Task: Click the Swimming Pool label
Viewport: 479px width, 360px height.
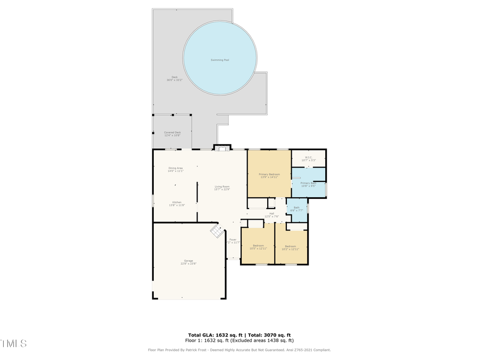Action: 220,60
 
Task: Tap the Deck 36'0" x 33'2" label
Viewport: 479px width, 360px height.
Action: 175,78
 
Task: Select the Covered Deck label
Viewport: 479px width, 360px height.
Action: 172,134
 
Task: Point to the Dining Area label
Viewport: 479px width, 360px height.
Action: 176,170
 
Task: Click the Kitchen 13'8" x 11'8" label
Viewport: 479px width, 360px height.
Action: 176,204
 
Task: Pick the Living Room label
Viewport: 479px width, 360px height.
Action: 222,188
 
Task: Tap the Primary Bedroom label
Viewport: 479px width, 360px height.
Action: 269,175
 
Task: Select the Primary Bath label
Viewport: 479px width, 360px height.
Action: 308,185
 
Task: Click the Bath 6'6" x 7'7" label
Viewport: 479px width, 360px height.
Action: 296,209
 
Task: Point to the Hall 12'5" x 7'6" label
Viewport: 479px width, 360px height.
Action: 271,215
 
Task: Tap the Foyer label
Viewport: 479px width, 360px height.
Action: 233,241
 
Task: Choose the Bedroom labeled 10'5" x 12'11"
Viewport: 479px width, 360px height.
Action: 257,247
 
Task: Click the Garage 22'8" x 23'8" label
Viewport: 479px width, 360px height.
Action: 188,262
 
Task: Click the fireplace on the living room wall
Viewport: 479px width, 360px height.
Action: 222,147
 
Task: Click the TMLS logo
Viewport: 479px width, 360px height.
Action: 13,343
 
